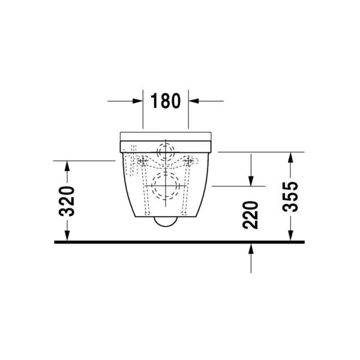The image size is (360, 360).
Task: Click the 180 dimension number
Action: tap(166, 101)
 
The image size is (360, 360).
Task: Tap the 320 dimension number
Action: tap(68, 201)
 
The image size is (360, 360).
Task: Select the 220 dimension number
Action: tap(251, 215)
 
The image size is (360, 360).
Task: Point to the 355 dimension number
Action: tap(290, 196)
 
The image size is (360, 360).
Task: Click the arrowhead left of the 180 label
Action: tap(138, 101)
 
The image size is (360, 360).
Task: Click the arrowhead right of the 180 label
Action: tap(194, 101)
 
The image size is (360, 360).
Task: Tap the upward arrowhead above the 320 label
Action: tap(68, 166)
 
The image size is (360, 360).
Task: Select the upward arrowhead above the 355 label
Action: tap(290, 158)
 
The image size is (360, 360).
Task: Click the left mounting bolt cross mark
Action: tap(143, 161)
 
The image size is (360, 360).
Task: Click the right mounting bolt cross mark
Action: tap(190, 161)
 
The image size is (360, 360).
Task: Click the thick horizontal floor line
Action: tap(180, 242)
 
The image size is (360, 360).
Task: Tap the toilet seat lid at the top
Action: tap(166, 134)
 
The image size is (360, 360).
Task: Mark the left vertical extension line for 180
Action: tap(143, 111)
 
